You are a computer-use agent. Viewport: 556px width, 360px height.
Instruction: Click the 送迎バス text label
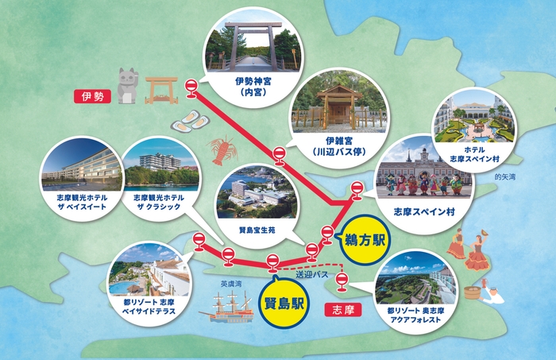click(x=311, y=274)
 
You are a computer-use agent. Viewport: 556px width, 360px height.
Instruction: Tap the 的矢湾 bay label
click(x=505, y=176)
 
